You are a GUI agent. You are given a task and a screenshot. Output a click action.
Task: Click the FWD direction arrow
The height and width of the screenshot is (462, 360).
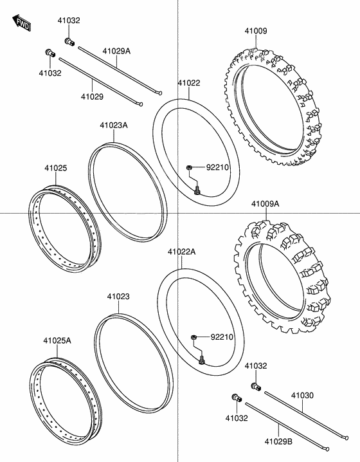pos(22,24)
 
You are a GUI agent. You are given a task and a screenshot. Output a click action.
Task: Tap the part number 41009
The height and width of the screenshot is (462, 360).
pos(256,30)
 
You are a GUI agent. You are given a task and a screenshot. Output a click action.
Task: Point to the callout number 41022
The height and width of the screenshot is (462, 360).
pos(189,82)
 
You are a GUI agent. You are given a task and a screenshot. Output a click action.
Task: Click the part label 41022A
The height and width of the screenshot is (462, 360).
pos(181,252)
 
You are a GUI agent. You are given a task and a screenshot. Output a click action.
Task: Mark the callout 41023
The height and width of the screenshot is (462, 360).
pos(118,297)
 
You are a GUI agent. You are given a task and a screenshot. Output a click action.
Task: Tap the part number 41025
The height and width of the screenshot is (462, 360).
pos(55,168)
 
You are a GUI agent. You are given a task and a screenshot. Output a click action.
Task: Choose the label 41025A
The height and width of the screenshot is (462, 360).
pos(57,340)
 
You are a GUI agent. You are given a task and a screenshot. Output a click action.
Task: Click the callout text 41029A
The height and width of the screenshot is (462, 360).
pos(117,50)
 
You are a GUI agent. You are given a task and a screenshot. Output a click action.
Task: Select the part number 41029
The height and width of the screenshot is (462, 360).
pos(91,97)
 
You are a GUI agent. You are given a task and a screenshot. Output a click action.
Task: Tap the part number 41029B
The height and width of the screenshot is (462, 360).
pos(278,443)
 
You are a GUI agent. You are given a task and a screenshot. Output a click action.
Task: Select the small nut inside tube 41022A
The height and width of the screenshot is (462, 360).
pos(194,337)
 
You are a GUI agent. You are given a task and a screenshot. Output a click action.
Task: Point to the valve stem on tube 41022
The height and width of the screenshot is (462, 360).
pos(197,189)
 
